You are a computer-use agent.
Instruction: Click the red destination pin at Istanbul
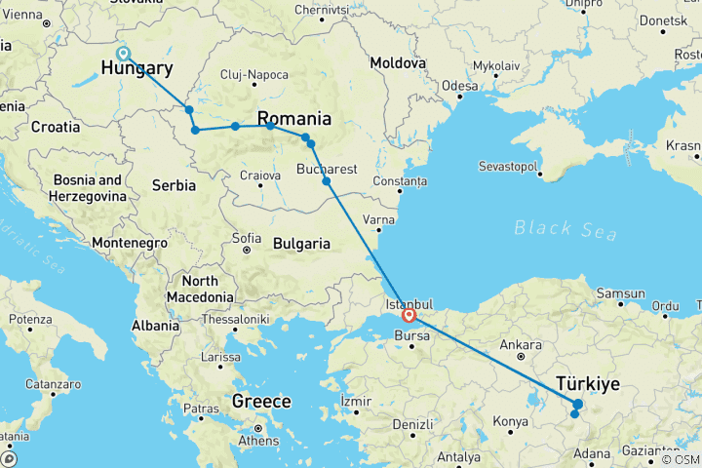coord(409,315)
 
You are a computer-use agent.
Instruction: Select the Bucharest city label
coord(327,168)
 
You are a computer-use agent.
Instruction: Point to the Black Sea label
coord(565,230)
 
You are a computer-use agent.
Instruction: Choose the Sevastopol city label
coord(508,167)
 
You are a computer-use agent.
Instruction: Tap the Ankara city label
coord(520,345)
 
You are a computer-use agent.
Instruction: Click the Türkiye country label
coord(589,383)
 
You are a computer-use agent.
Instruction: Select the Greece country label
coord(261,402)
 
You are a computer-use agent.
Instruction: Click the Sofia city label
coord(247,238)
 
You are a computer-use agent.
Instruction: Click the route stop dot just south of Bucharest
coord(327,180)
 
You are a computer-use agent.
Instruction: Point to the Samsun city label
coord(620,293)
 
